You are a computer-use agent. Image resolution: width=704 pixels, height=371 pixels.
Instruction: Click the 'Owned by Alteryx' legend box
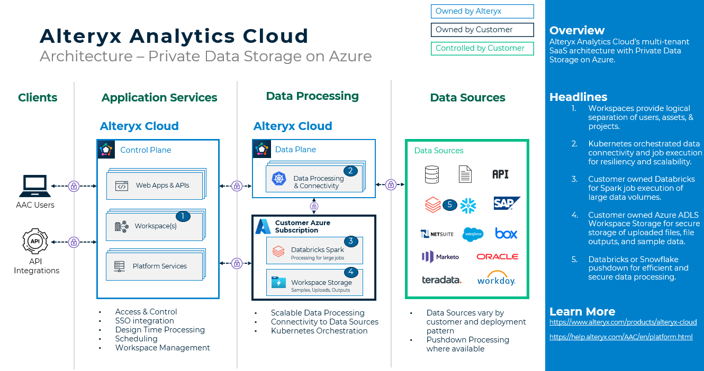click(482, 11)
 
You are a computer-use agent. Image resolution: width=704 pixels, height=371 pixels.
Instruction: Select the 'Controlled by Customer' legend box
click(482, 48)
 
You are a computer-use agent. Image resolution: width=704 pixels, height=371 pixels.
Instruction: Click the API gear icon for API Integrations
click(35, 242)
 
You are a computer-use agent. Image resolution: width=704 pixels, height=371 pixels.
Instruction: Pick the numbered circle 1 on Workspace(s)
click(183, 216)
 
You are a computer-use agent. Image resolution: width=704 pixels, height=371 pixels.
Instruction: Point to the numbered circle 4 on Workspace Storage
click(350, 272)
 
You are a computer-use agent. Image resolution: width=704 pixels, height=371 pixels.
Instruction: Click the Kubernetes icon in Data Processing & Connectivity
click(278, 179)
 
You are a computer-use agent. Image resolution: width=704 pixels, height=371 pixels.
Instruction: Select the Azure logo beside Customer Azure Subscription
click(263, 227)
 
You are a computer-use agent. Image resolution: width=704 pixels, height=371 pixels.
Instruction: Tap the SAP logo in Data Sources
click(507, 203)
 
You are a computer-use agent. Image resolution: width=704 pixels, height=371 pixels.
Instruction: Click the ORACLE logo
click(497, 257)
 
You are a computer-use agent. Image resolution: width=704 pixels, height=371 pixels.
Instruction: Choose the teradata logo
click(441, 280)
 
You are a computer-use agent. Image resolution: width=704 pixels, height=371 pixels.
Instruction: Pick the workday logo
click(496, 279)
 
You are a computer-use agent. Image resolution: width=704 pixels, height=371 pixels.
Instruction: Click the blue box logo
click(506, 233)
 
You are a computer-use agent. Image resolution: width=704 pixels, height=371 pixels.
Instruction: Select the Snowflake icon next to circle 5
click(468, 205)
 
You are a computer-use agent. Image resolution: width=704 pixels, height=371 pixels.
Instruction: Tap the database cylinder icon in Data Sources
click(432, 174)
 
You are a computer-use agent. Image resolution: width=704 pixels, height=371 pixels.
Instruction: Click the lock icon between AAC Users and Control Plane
click(74, 186)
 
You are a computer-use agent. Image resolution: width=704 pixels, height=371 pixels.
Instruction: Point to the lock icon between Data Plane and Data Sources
click(391, 184)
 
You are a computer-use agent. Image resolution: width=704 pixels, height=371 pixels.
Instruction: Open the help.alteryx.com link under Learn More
click(621, 337)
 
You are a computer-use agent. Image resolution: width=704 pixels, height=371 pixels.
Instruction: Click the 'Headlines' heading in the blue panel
click(578, 97)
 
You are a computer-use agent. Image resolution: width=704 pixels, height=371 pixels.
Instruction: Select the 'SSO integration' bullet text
click(145, 321)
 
